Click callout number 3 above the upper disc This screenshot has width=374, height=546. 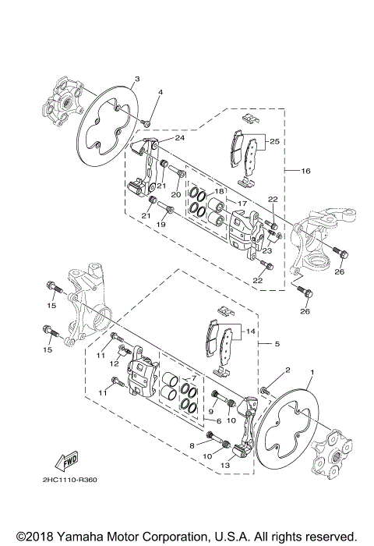pos(136,79)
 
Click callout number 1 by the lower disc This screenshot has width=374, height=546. pos(312,373)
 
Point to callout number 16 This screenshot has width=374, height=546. pos(306,169)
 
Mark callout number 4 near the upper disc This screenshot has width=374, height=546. pos(160,93)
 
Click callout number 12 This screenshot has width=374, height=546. pos(112,363)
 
